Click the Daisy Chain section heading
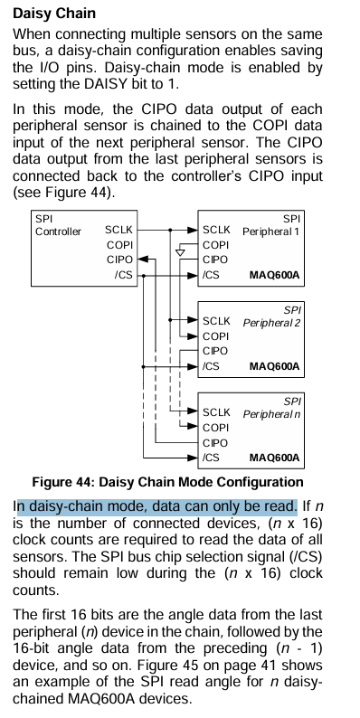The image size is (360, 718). point(54,14)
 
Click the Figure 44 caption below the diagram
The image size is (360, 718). point(167,482)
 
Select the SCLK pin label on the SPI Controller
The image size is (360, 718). point(118,230)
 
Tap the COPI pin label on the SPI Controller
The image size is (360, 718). point(120,245)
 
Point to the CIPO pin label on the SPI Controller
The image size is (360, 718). point(120,260)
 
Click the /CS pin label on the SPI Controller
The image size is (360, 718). point(124,275)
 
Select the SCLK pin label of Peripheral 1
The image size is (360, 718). point(217,230)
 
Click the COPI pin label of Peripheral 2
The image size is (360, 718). point(215,336)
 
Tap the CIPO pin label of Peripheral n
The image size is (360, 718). point(215,443)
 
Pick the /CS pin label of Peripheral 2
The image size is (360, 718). point(211,366)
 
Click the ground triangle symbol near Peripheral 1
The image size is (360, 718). point(181,252)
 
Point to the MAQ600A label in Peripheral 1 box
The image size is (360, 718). point(274,275)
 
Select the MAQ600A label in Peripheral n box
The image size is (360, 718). point(274,458)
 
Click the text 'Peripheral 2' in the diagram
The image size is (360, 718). point(271,323)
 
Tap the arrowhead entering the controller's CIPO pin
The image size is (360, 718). point(143,260)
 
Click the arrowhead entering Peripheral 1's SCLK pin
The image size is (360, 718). point(192,230)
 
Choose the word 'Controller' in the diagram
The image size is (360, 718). point(58,231)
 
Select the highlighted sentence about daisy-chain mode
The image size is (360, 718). point(156,506)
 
